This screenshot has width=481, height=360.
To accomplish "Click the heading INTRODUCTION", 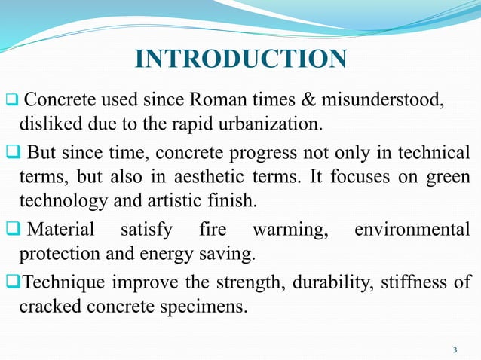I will [240, 59].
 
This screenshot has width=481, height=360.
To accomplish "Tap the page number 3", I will [455, 350].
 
